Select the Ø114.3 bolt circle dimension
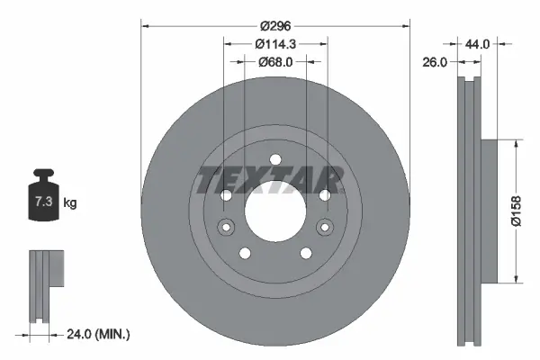click(274, 44)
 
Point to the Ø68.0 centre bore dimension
click(274, 62)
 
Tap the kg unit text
click(70, 203)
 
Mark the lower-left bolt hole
click(244, 253)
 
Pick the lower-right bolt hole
click(304, 253)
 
